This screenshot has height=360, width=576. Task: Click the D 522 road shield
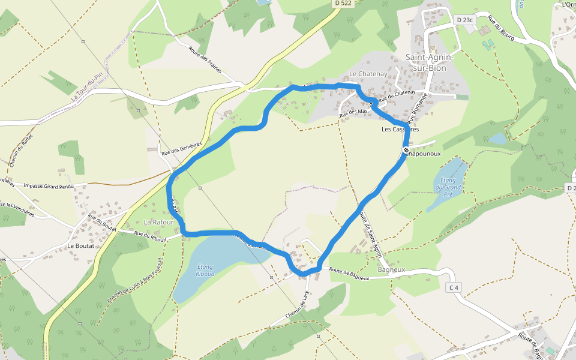click(x=343, y=4)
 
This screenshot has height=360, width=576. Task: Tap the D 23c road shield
click(x=465, y=20)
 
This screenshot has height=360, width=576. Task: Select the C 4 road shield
click(x=454, y=288)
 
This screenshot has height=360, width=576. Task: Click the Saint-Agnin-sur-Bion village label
click(x=430, y=62)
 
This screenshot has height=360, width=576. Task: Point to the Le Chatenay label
click(x=366, y=74)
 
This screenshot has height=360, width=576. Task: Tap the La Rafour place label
click(x=158, y=222)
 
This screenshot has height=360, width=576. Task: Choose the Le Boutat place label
click(x=81, y=246)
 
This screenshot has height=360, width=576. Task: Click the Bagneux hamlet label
click(x=391, y=270)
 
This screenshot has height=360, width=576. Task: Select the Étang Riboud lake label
click(x=205, y=271)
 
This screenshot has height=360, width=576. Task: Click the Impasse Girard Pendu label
click(x=48, y=187)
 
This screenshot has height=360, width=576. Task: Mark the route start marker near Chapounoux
click(x=406, y=149)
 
